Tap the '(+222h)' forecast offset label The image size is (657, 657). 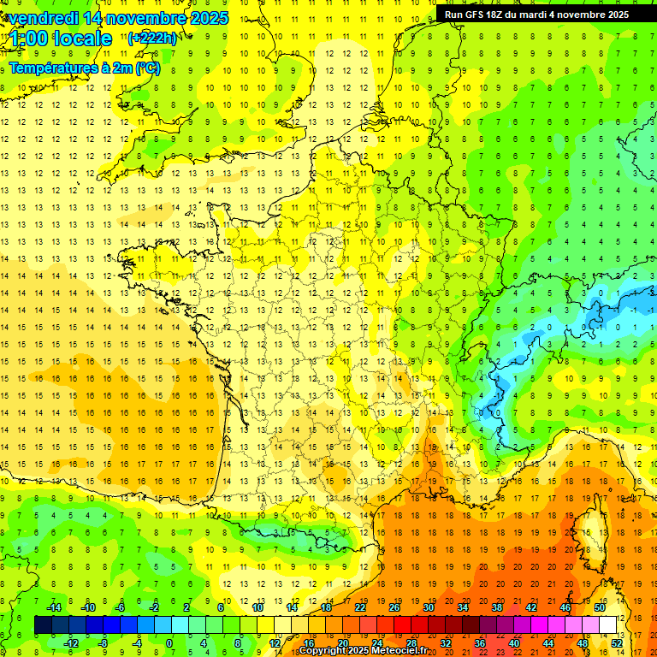(153, 38)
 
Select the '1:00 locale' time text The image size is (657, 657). (61, 38)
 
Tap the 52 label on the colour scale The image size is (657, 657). (617, 642)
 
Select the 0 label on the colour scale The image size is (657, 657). (169, 642)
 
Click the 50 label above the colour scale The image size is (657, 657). (600, 607)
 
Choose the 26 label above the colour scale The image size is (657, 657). (394, 607)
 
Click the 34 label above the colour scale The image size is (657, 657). (463, 607)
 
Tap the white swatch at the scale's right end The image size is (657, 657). (608, 625)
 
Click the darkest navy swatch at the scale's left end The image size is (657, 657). (43, 625)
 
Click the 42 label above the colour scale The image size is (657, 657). (531, 607)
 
